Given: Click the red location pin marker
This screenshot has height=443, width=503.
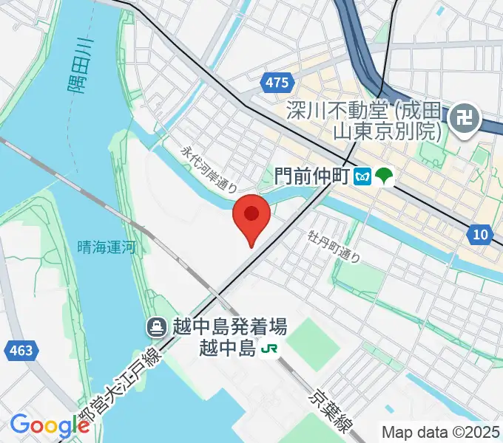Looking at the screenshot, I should pos(251,216).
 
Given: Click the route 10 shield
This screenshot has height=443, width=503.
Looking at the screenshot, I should pos(480,235).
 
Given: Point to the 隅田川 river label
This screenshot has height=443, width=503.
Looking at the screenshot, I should pos(76,65).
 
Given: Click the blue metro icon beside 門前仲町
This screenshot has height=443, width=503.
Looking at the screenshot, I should pos(362,176).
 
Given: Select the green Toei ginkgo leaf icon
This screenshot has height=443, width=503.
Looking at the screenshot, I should pos(385,176).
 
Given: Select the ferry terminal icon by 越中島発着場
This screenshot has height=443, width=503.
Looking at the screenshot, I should pos(156,326).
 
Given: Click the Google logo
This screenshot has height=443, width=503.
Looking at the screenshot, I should pos(50,425).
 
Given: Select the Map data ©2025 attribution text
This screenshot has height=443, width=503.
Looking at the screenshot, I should pos(440,432).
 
